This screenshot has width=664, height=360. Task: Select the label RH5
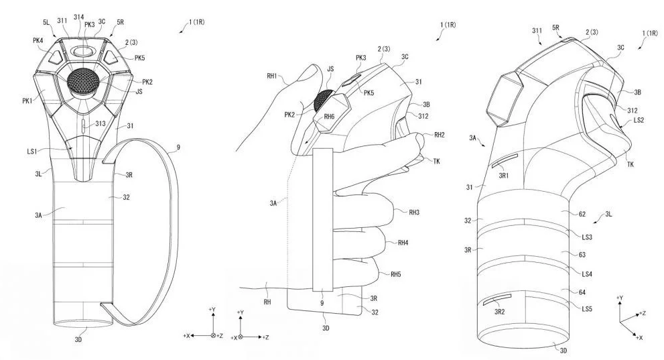(x=400, y=274)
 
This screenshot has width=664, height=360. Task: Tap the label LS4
(x=588, y=274)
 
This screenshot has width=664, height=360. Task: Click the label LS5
(x=588, y=309)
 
